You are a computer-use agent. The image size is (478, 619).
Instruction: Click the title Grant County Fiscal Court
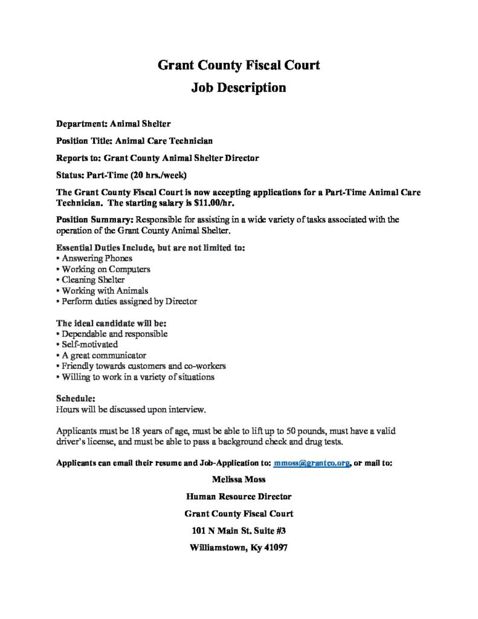(x=239, y=65)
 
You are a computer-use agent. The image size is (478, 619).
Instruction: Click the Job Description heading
(x=239, y=87)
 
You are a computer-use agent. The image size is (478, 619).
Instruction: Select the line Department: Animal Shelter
(x=114, y=123)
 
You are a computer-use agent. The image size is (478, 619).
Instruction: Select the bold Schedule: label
(x=75, y=399)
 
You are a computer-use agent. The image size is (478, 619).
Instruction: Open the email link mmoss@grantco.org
(x=312, y=464)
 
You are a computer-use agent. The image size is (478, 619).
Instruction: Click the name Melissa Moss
(x=239, y=480)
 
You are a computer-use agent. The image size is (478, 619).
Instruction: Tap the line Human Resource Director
(x=239, y=497)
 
